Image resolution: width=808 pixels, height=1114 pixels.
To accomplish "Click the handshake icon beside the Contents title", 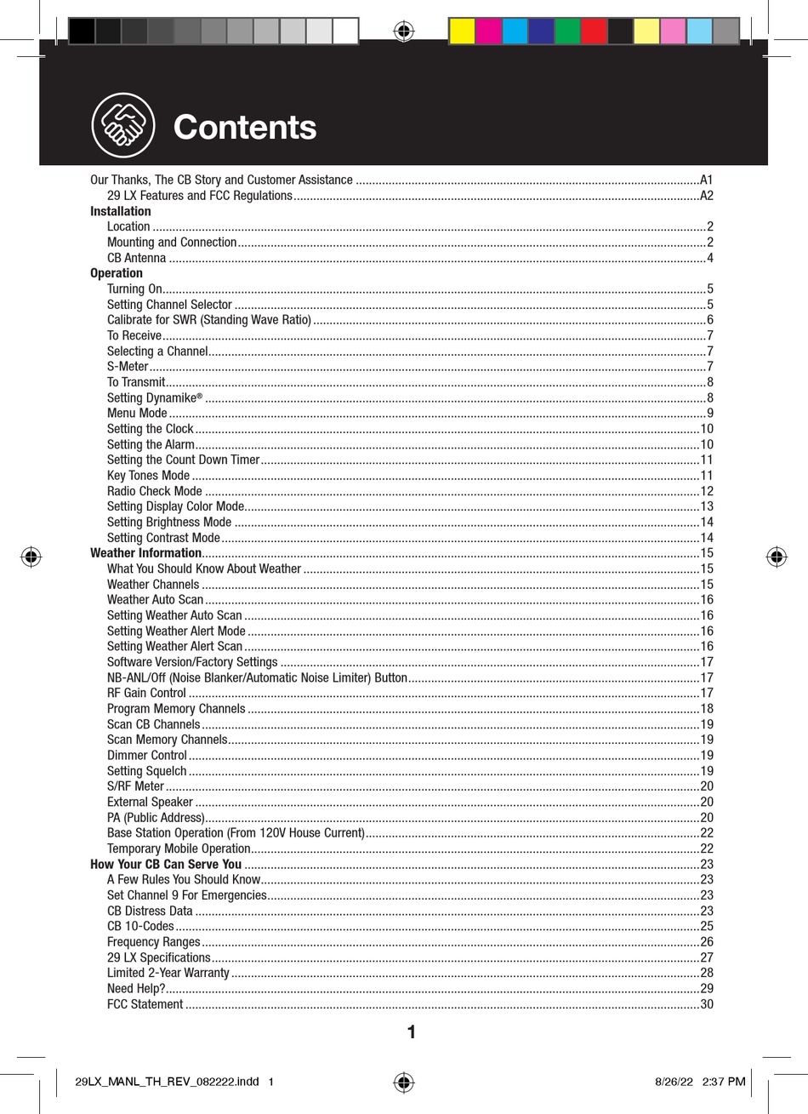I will pyautogui.click(x=123, y=125).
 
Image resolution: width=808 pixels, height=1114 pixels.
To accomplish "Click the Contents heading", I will pyautogui.click(x=245, y=128).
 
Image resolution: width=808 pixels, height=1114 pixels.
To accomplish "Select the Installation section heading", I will pyautogui.click(x=121, y=211).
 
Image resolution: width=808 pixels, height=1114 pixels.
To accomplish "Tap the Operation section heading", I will pyautogui.click(x=117, y=273).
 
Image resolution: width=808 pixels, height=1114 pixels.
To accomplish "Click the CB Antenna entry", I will pyautogui.click(x=137, y=258).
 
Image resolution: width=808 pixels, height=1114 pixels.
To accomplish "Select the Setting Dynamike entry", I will pyautogui.click(x=155, y=397).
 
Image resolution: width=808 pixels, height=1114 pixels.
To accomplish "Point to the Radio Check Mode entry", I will pyautogui.click(x=155, y=491).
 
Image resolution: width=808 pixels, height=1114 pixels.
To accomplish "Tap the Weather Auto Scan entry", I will pyautogui.click(x=155, y=600).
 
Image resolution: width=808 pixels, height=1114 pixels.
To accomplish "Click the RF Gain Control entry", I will pyautogui.click(x=146, y=693).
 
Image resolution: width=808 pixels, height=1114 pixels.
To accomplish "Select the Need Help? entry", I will pyautogui.click(x=136, y=988).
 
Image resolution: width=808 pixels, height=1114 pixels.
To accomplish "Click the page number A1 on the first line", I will pyautogui.click(x=706, y=180).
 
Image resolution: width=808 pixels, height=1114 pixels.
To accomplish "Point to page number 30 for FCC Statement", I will pyautogui.click(x=706, y=1004).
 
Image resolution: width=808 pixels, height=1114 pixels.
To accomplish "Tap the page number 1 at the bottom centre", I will pyautogui.click(x=412, y=1033).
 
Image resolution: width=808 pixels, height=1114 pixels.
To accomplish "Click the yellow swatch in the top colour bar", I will pyautogui.click(x=461, y=31).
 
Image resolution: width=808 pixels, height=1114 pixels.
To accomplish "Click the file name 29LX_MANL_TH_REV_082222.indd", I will pyautogui.click(x=166, y=1082).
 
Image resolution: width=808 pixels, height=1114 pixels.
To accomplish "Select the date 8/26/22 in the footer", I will pyautogui.click(x=673, y=1082).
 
